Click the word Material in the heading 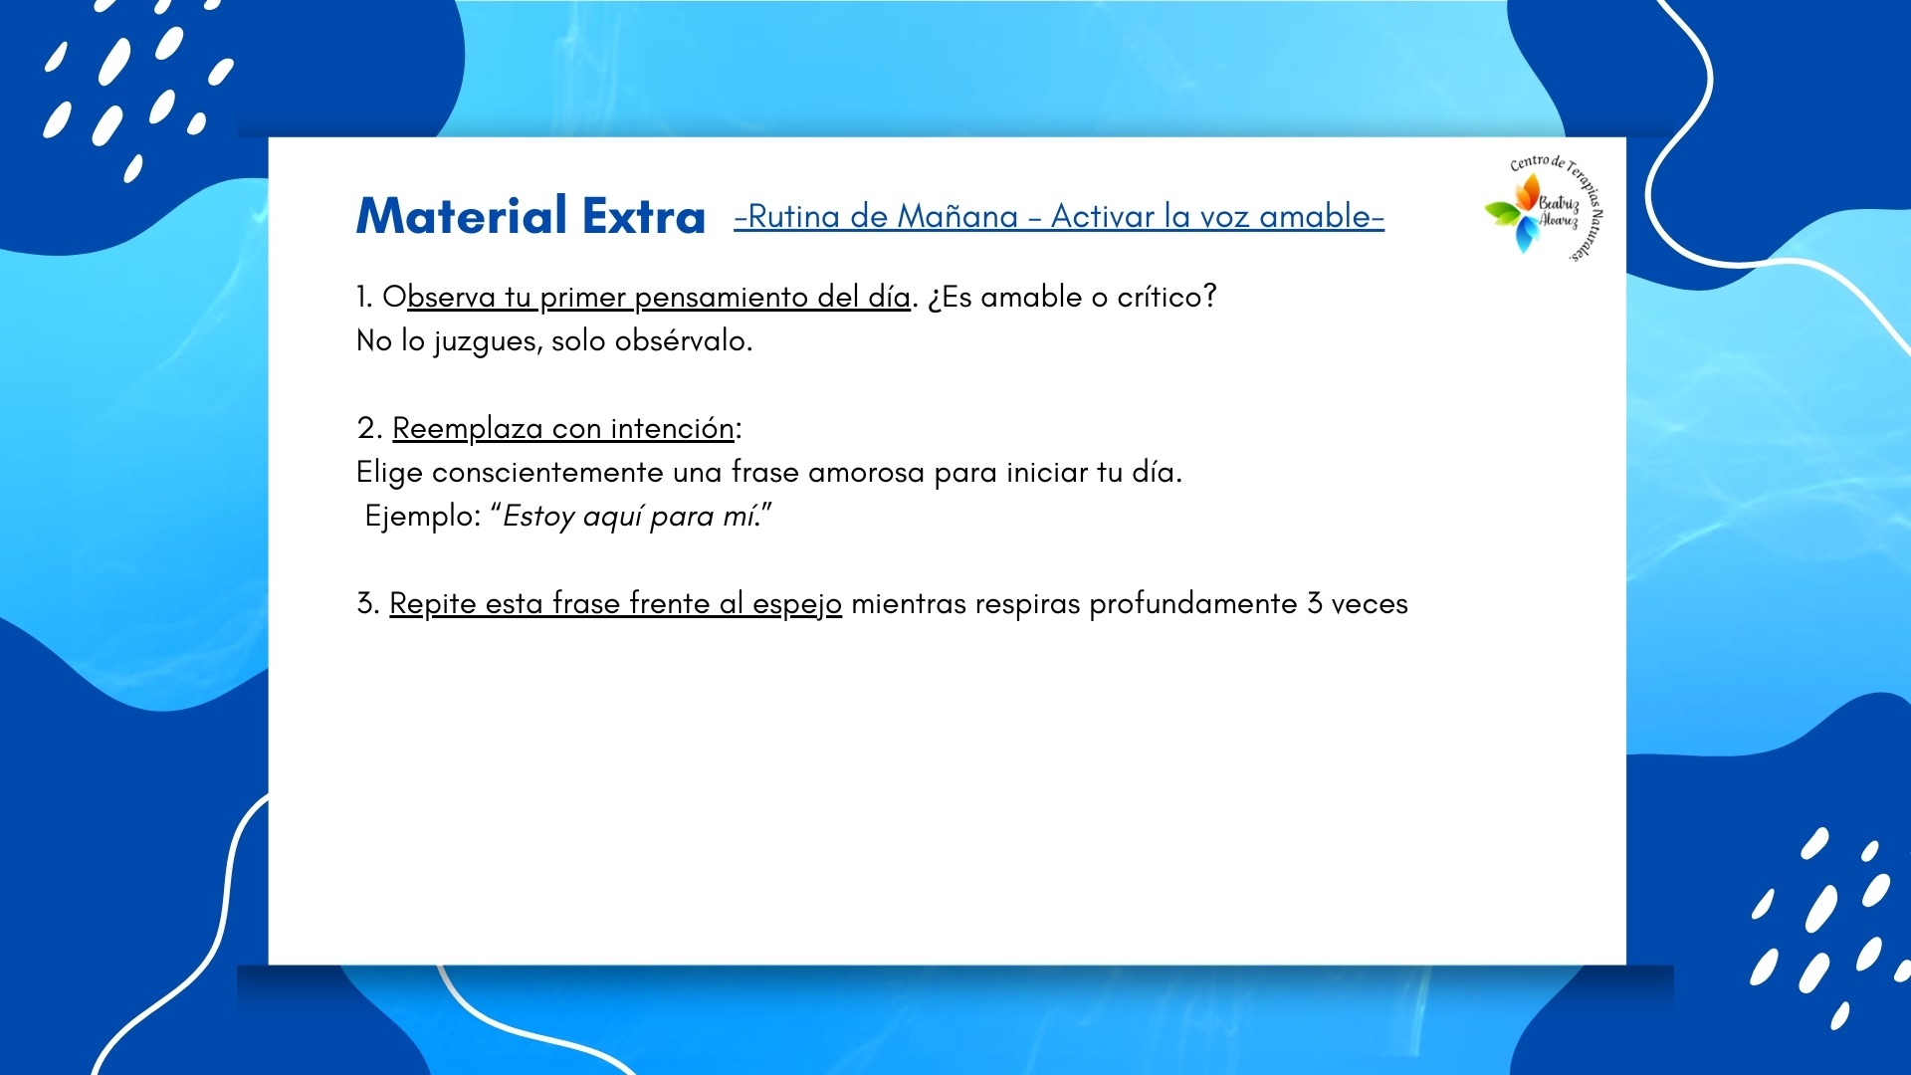point(463,216)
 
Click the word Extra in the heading point(644,216)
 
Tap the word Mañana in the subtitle point(957,216)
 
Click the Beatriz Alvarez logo point(1544,208)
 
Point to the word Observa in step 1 point(439,297)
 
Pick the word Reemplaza point(468,429)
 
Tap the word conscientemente point(547,472)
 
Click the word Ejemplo point(420,517)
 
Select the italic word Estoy point(538,517)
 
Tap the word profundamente point(1193,603)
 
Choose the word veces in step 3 point(1370,604)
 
